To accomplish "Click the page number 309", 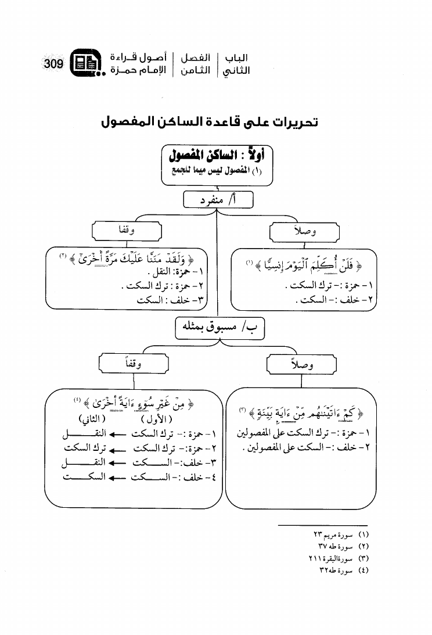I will coord(53,63).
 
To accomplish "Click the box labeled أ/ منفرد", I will coord(218,200).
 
